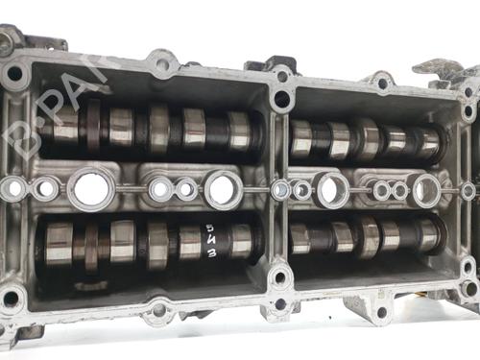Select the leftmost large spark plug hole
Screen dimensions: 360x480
click(x=91, y=188)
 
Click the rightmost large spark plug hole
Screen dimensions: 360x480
click(x=426, y=189)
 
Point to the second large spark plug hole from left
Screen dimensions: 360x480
click(x=224, y=189)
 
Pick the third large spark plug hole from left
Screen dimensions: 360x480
click(x=333, y=189)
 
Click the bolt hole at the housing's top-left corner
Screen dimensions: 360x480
click(x=14, y=73)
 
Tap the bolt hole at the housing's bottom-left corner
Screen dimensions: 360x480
click(x=12, y=299)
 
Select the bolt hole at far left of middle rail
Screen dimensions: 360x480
click(x=13, y=189)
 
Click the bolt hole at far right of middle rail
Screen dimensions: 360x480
click(x=468, y=190)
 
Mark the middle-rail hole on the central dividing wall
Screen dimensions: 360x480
click(x=280, y=189)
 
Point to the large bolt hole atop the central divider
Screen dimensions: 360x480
click(x=281, y=98)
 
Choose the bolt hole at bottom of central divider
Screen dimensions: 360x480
click(x=279, y=279)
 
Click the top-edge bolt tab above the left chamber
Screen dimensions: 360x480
click(x=162, y=65)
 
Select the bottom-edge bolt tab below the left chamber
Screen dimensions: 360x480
click(x=158, y=310)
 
